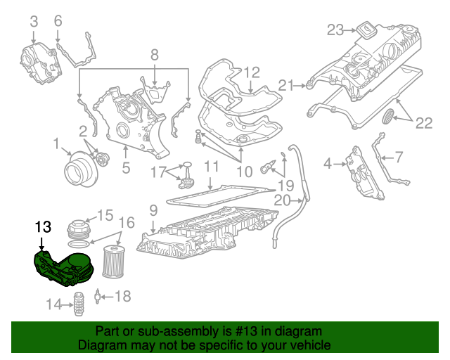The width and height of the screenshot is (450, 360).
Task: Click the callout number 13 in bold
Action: coord(43,226)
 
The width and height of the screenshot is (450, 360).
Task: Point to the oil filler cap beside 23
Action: coord(366,30)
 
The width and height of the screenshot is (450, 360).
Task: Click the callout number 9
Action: coord(152,209)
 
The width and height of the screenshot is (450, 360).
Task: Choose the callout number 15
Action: coord(105,215)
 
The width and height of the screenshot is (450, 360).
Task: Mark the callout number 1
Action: coord(56,144)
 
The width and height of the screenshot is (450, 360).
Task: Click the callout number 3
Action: coord(34,22)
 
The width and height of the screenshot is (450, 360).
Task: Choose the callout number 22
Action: coord(423,124)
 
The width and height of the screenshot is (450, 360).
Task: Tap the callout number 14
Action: coord(54,304)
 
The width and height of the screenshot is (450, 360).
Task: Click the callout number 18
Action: coord(122,297)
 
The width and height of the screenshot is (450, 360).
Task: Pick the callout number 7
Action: coord(398,157)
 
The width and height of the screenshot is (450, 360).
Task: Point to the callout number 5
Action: coord(126,167)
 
